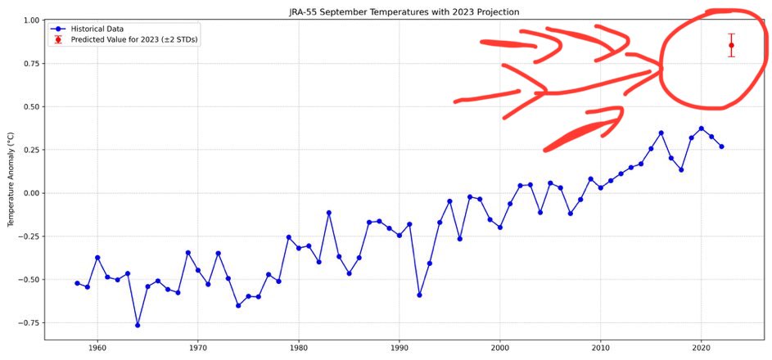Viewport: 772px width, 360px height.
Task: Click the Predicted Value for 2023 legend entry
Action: coord(123,38)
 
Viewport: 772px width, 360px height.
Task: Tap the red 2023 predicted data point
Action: coord(731,46)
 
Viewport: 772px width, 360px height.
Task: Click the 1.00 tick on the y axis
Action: coord(30,20)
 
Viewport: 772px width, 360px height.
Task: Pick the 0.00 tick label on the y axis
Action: coord(30,193)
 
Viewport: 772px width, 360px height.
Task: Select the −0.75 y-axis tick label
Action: coord(29,323)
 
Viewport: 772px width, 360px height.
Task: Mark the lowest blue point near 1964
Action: coord(138,325)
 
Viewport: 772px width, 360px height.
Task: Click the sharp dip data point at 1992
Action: coord(419,295)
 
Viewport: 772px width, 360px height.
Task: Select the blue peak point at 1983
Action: coord(328,213)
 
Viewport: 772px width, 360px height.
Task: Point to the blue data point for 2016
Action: coord(661,133)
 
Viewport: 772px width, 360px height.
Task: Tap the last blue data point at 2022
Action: coord(721,146)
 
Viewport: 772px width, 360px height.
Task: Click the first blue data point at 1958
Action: coord(77,283)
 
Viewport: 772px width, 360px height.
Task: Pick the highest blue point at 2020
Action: coord(701,128)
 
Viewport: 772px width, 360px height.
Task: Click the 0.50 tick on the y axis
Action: coord(30,106)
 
